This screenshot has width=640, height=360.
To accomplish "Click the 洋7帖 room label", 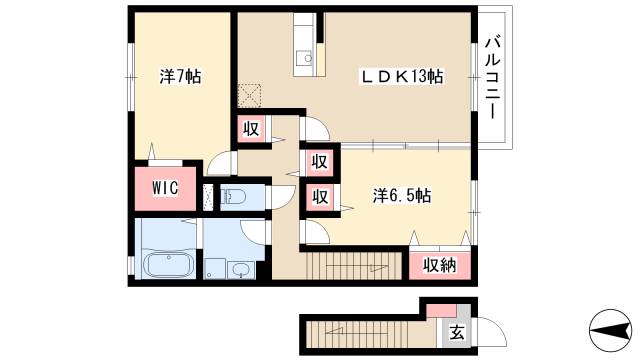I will tap(181, 76).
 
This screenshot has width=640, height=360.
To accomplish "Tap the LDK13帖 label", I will tap(402, 76).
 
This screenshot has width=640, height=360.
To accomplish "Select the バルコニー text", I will tap(492, 79).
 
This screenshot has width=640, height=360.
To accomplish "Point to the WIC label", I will tap(166, 187).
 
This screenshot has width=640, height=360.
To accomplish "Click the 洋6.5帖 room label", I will tap(402, 196).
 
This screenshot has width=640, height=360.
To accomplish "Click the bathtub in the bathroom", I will tap(168, 267).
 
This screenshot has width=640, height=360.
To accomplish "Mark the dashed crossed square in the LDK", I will tap(248, 96).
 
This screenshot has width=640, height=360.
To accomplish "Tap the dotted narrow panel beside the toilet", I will tap(209, 196).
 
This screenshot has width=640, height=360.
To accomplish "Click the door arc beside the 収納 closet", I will tap(463, 238).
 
